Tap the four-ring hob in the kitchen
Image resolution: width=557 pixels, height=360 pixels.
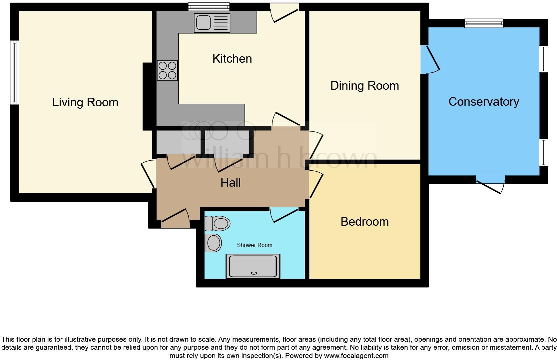click(167, 70)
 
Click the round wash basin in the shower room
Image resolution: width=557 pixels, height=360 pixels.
click(213, 243)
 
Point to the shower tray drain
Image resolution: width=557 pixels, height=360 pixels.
click(254, 273)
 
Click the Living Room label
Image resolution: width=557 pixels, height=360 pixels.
click(85, 102)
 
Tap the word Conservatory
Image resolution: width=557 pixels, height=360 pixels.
click(484, 102)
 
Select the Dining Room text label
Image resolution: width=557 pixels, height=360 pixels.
click(364, 86)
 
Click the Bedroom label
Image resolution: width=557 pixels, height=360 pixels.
click(364, 222)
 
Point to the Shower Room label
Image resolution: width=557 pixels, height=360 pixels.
click(255, 245)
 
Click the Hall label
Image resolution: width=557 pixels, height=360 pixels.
click(231, 183)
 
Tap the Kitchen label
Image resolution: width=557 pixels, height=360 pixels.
click(232, 59)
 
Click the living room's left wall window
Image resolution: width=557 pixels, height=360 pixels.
click(14, 72)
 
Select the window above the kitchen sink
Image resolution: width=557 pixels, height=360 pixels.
click(209, 6)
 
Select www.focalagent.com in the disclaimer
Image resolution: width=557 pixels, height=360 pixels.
click(356, 356)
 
